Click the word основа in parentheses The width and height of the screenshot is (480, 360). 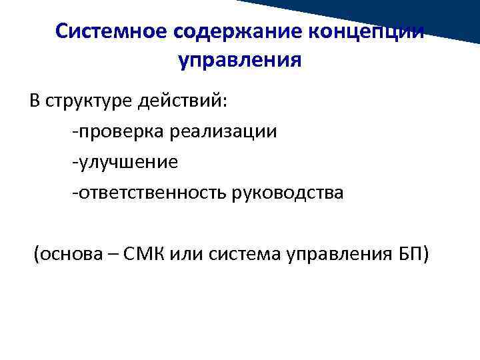point(69,254)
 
